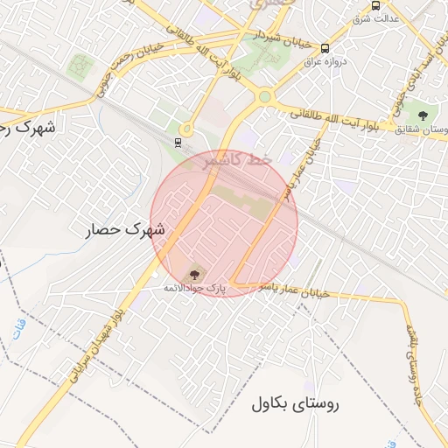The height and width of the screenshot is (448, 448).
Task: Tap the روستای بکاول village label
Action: pyautogui.click(x=295, y=404)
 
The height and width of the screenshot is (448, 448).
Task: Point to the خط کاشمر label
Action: pyautogui.click(x=238, y=161)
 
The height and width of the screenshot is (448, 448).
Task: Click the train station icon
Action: pyautogui.click(x=178, y=141)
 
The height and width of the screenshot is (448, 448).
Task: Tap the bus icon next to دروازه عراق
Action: pyautogui.click(x=325, y=49)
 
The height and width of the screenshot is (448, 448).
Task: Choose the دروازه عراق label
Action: pyautogui.click(x=325, y=62)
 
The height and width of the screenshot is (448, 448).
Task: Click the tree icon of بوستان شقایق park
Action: pyautogui.click(x=423, y=115)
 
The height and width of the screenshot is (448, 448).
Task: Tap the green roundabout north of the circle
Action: pyautogui.click(x=264, y=96)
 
